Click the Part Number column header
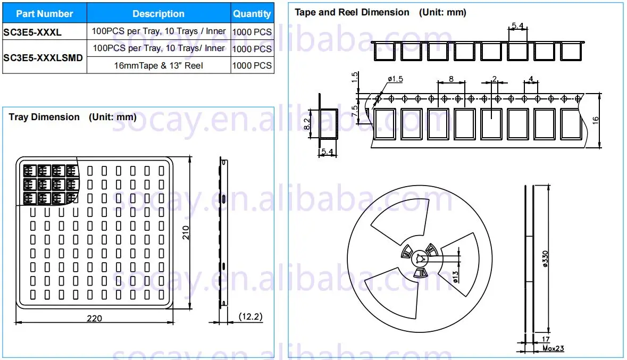tap(44, 14)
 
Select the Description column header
tap(158, 14)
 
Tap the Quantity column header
tap(252, 14)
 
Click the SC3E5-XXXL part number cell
tap(32, 32)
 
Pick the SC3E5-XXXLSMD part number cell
tap(43, 57)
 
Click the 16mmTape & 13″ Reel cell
tap(158, 65)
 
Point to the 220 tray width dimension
tap(94, 319)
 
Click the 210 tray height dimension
tap(186, 232)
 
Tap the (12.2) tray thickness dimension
tap(250, 316)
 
